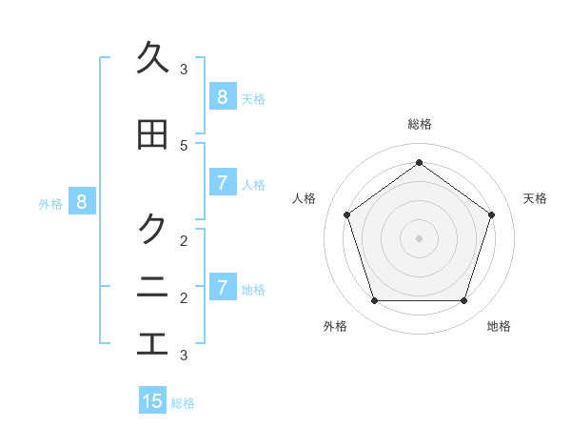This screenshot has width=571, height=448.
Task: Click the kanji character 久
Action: pyautogui.click(x=152, y=58)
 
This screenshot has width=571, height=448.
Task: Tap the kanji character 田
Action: pyautogui.click(x=152, y=135)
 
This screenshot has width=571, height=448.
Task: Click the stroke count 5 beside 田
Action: pyautogui.click(x=184, y=145)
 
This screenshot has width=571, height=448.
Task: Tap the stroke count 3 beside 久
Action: pyautogui.click(x=184, y=69)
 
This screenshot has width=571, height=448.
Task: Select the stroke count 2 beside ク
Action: pyautogui.click(x=184, y=239)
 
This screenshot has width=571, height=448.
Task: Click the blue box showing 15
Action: pyautogui.click(x=152, y=401)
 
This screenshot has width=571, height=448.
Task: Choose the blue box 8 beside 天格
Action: pyautogui.click(x=222, y=96)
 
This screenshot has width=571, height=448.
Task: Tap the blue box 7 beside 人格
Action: pyautogui.click(x=222, y=182)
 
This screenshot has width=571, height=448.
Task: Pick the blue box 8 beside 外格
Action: pyautogui.click(x=82, y=201)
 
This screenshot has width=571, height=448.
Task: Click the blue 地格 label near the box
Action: pyautogui.click(x=253, y=289)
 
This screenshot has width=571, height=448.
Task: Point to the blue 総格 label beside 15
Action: pyautogui.click(x=183, y=403)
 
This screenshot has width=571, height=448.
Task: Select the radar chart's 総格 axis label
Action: pyautogui.click(x=419, y=124)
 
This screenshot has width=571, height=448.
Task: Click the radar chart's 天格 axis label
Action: pyautogui.click(x=535, y=198)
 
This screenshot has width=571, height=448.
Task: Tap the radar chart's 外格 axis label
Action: pyautogui.click(x=335, y=326)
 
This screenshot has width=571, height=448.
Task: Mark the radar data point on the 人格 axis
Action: pyautogui.click(x=346, y=214)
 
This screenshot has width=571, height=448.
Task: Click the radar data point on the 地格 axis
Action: pyautogui.click(x=463, y=300)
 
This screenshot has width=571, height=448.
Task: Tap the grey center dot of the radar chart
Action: pyautogui.click(x=419, y=237)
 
